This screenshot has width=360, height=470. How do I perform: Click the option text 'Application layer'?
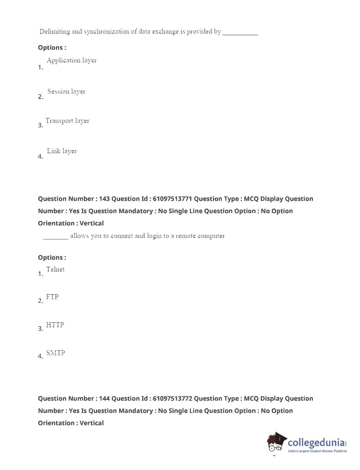71,61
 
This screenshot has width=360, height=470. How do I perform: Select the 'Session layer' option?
66,91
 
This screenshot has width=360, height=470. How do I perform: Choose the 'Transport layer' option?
67,121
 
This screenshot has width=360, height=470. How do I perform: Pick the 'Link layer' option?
62,151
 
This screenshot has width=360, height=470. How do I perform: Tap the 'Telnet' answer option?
55,269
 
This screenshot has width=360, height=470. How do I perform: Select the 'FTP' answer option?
52,297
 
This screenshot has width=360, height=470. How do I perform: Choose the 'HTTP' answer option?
55,325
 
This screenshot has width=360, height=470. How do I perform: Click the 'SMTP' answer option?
55,353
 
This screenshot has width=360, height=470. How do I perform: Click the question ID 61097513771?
172,199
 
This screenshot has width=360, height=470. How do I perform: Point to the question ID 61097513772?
172,399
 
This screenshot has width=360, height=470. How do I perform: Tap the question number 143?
104,199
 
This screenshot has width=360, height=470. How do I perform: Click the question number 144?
104,399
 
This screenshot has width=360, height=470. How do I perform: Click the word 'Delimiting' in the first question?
54,32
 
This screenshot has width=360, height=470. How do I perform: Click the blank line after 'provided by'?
240,33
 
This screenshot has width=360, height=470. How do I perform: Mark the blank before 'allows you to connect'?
55,238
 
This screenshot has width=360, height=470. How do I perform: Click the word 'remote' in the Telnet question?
185,236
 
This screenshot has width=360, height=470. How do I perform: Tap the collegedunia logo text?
316,442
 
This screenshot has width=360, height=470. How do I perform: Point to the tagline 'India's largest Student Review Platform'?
317,451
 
